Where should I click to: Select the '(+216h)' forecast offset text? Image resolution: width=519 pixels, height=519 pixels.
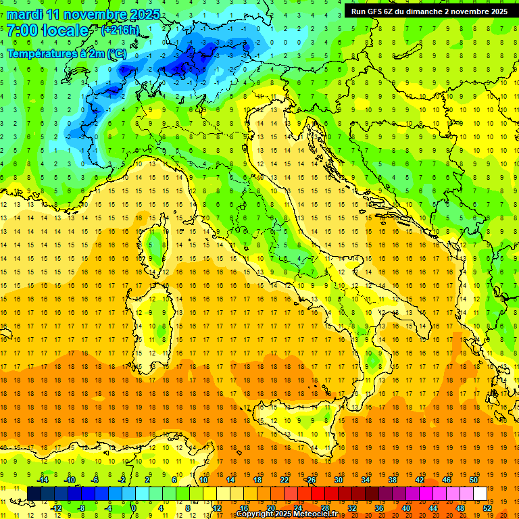(x=120, y=30)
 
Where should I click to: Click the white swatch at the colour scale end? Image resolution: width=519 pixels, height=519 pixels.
(x=480, y=493)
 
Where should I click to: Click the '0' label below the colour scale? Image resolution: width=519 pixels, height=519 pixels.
(x=134, y=508)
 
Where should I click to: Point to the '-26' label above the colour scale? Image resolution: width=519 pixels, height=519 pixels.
(x=310, y=480)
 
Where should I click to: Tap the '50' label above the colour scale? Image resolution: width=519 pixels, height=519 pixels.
(x=474, y=480)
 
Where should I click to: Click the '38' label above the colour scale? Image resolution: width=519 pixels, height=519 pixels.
(x=392, y=480)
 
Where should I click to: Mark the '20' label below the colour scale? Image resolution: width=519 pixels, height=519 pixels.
(x=270, y=508)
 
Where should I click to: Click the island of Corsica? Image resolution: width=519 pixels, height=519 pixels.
(x=156, y=247)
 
